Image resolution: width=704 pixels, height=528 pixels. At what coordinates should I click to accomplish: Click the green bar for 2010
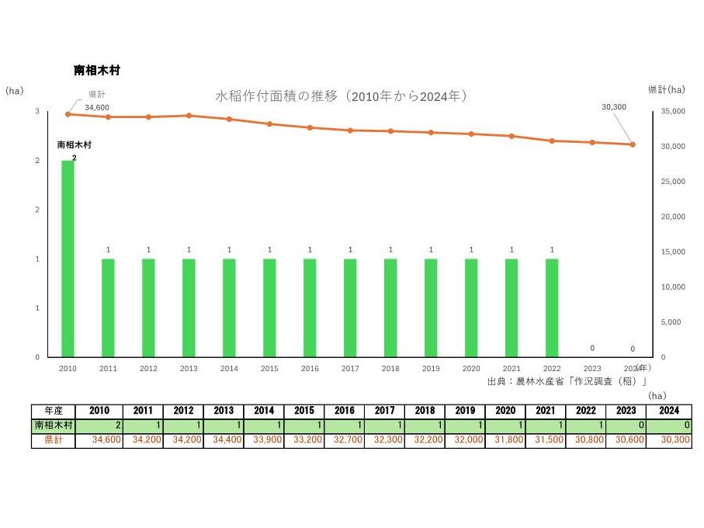coord(68,259)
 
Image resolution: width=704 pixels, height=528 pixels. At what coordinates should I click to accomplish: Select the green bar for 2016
coord(310,307)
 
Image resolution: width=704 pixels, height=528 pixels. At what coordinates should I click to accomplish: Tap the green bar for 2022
coord(552,307)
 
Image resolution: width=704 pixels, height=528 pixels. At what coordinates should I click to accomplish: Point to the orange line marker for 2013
coord(189,116)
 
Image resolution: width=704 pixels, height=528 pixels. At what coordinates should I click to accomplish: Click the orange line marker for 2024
coord(633,144)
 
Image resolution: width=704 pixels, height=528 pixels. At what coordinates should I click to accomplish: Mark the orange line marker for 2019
coord(431,133)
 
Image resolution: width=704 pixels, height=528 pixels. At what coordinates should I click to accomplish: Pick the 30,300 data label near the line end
coord(613,106)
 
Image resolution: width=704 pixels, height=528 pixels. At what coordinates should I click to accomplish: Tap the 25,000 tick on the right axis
coord(672,182)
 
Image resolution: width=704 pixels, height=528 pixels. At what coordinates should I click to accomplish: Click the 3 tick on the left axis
coord(37,112)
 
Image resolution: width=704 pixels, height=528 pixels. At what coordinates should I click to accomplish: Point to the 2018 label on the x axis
coord(390,369)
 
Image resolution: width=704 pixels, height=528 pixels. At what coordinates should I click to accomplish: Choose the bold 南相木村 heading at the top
coord(97,70)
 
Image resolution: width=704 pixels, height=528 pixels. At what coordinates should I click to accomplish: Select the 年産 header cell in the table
coord(54,412)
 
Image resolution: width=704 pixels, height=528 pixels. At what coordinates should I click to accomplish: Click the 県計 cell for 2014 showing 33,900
coord(265,440)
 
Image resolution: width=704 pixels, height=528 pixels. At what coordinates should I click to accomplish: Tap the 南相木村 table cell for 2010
coord(99,426)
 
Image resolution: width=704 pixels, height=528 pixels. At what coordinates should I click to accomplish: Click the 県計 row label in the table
coord(54,440)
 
